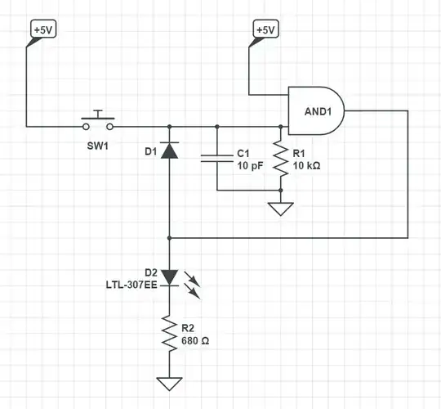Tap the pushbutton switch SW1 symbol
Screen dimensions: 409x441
tap(98, 124)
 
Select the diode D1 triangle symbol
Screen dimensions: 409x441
tap(169, 151)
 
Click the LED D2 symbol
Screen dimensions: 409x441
tap(169, 277)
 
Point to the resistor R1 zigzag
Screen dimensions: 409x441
tap(280, 160)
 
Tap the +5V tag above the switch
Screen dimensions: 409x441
tap(43, 30)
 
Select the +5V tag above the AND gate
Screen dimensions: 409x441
tap(265, 30)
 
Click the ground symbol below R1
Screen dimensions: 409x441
tap(280, 209)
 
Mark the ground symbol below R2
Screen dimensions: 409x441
tap(169, 383)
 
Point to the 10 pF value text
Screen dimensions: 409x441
tap(249, 166)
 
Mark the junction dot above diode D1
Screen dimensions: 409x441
tap(169, 127)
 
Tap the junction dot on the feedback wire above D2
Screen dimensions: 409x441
tap(169, 237)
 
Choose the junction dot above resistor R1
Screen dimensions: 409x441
tap(280, 127)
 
